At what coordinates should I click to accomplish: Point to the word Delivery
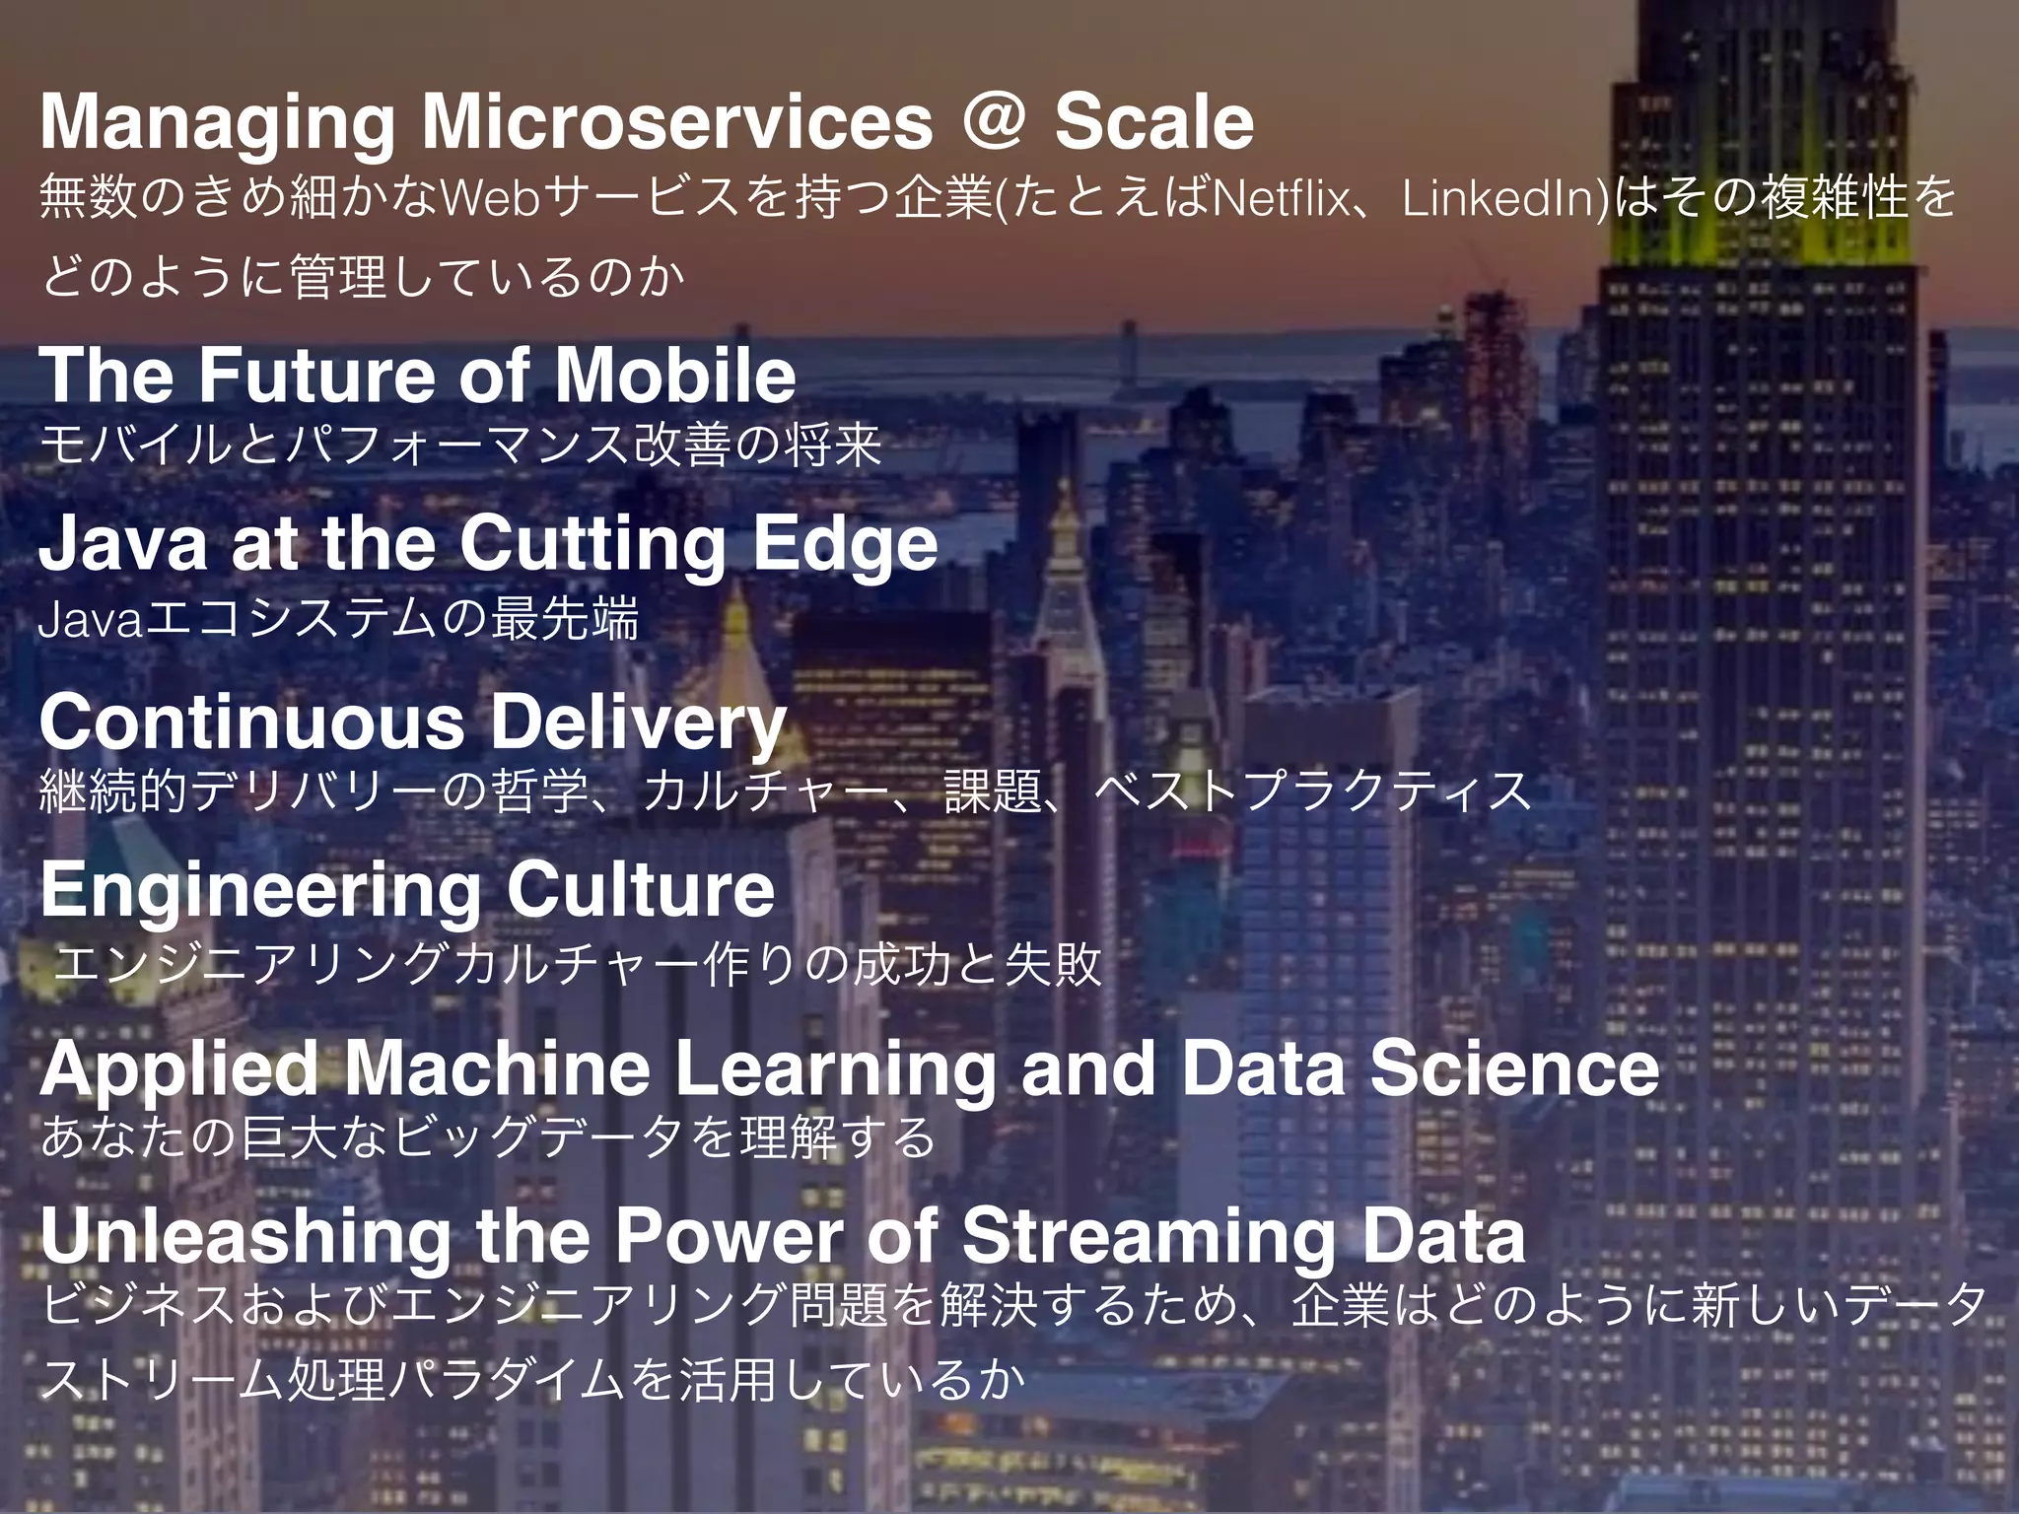click(638, 723)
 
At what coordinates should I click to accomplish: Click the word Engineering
click(259, 891)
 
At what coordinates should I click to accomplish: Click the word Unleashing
click(245, 1238)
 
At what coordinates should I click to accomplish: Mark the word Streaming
click(1148, 1238)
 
